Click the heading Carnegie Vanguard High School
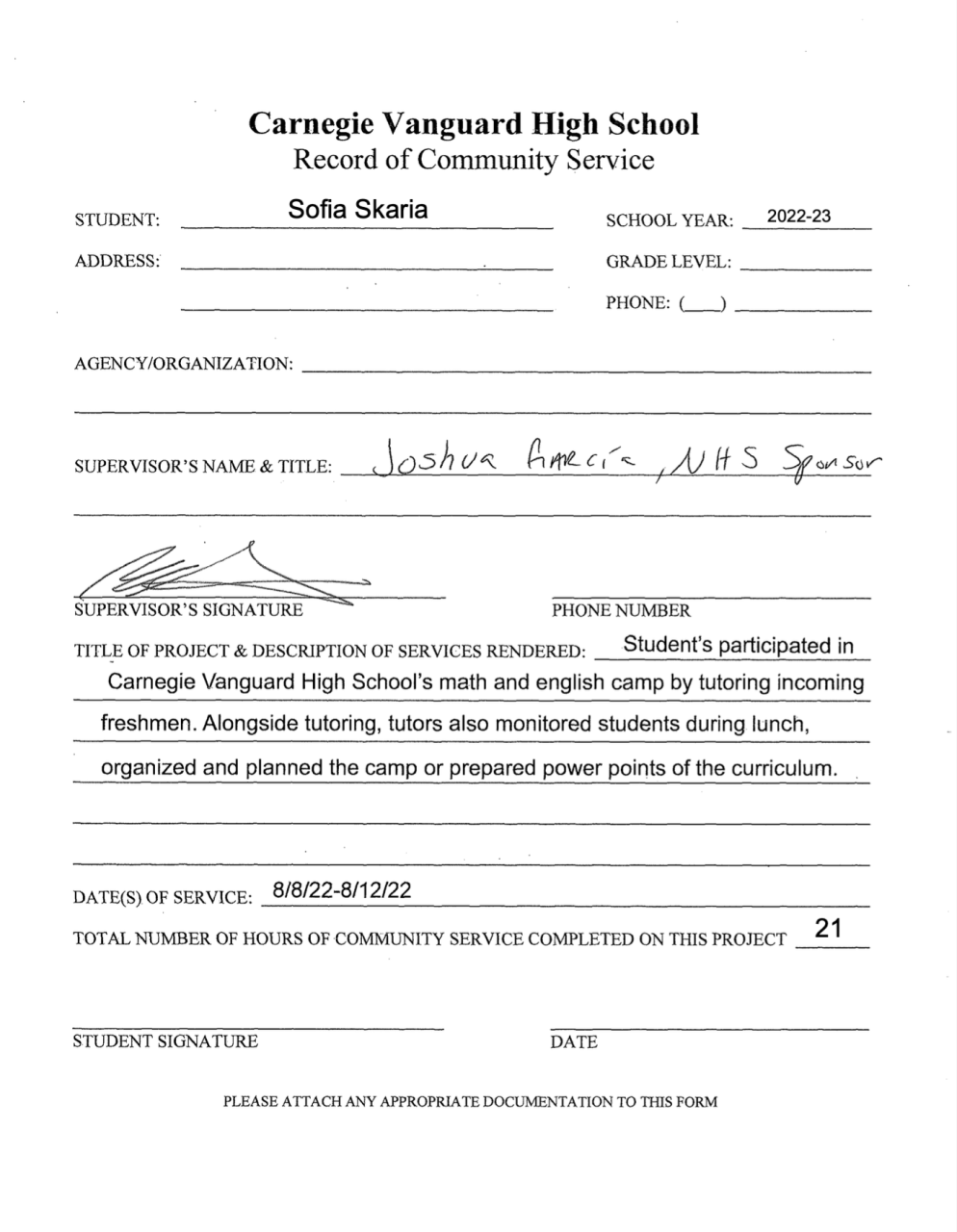click(x=473, y=124)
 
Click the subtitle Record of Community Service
click(x=473, y=159)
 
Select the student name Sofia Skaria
click(x=358, y=210)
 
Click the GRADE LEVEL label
click(x=668, y=262)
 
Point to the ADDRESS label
click(x=117, y=261)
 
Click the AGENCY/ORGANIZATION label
click(x=183, y=364)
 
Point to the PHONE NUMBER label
click(x=620, y=610)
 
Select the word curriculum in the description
click(x=785, y=768)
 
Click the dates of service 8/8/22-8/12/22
click(x=342, y=890)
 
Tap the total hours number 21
click(x=828, y=929)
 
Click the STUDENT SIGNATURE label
click(x=166, y=1041)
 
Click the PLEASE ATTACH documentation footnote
click(x=470, y=1102)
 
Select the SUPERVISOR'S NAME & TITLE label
click(x=202, y=467)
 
